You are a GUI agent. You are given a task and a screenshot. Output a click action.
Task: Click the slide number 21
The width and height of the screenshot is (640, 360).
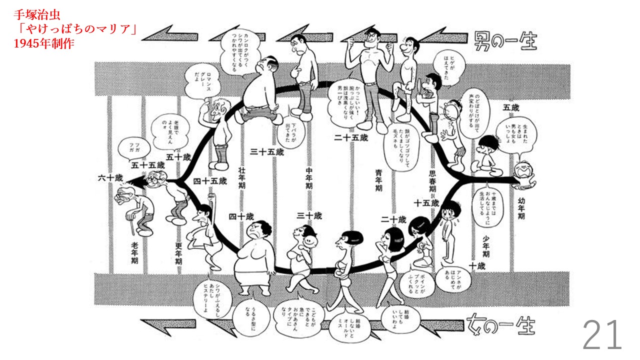(602, 335)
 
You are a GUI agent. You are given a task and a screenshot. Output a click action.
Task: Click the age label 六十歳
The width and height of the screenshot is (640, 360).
(110, 177)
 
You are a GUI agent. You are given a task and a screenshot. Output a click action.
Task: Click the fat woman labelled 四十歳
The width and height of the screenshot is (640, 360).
(255, 255)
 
